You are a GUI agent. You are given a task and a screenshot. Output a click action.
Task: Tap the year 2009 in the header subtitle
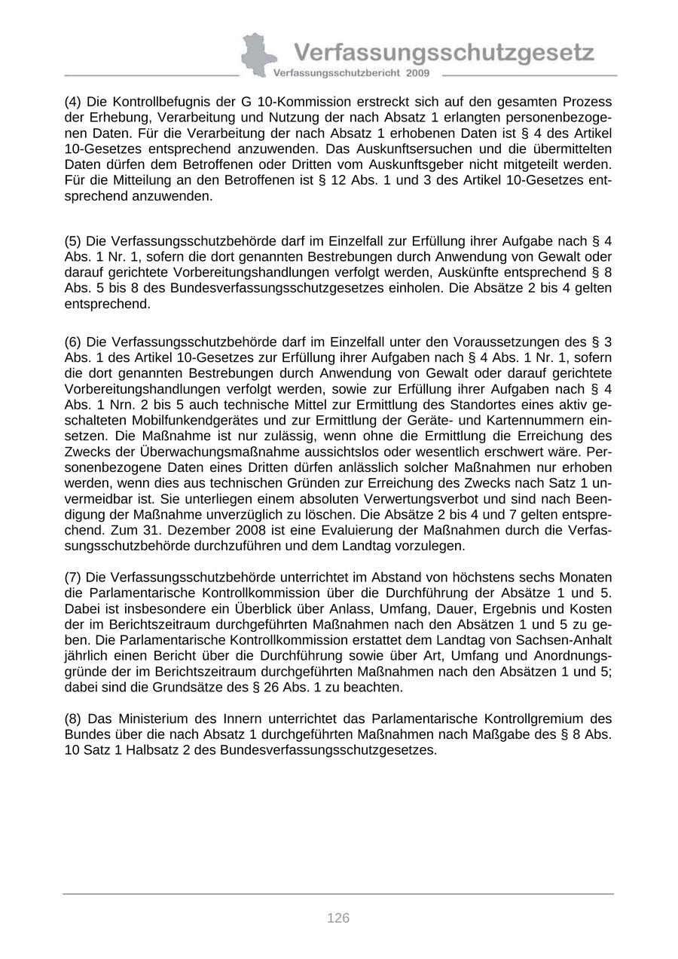(x=417, y=73)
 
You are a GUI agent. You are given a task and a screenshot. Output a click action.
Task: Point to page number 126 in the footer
(x=338, y=918)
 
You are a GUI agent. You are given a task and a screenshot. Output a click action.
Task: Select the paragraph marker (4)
(x=73, y=102)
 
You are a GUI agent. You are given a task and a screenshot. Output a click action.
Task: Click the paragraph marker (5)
(x=73, y=241)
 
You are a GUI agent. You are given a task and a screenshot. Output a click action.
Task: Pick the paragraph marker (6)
(x=73, y=342)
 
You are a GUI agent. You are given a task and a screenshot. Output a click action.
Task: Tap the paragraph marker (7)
(x=73, y=578)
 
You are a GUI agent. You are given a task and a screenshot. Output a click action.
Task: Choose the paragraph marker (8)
(x=73, y=718)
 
